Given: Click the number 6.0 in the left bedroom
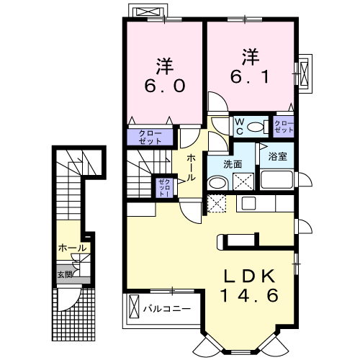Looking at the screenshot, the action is point(165,86).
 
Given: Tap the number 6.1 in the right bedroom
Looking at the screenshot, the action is point(250,76).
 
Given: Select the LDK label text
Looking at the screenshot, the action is point(249,276).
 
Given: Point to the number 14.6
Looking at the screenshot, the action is point(249,295).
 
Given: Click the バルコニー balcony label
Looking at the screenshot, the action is point(167,308).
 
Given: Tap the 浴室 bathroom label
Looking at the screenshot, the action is point(278,157).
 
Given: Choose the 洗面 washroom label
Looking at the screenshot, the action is point(233,164).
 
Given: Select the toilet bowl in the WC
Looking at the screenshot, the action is point(256,127).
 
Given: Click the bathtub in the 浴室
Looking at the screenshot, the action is point(276,179).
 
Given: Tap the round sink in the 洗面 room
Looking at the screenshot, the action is point(218,184).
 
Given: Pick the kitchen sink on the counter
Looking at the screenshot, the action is point(248,203).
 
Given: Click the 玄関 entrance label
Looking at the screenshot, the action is point(65,274).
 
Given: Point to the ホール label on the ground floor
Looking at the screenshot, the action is point(72,248).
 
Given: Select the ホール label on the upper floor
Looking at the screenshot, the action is point(192,168).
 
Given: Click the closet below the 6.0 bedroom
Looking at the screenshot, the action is point(150,137).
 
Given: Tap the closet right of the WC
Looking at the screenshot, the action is point(284,127).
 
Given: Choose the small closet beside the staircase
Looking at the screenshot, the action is point(164,188).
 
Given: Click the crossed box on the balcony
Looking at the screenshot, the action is point(134,307).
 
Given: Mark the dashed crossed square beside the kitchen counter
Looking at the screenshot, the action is point(217,203).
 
